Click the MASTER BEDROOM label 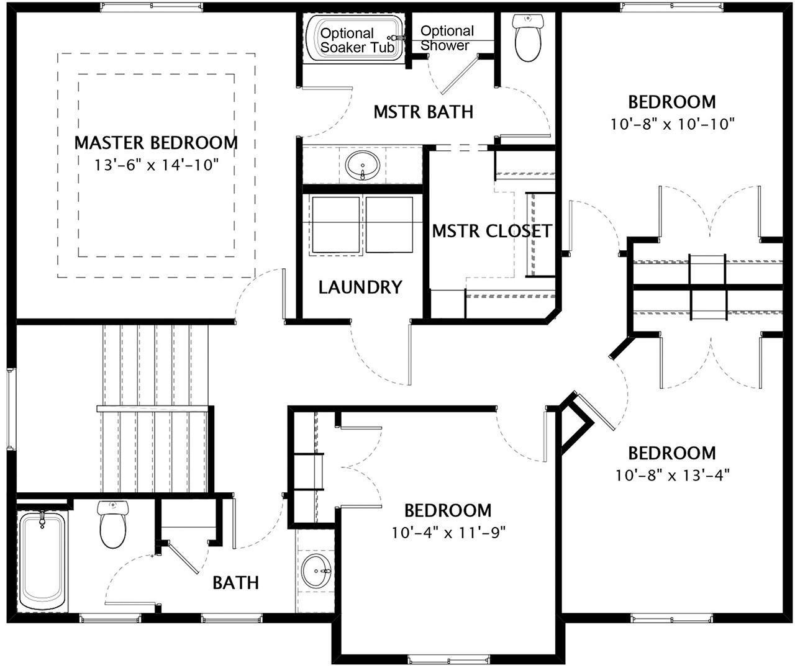[x=156, y=143]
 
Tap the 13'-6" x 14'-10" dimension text [x=157, y=165]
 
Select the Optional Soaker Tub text [x=357, y=40]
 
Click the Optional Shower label [x=447, y=38]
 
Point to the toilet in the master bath [x=527, y=38]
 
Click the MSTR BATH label [x=424, y=112]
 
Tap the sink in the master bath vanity [x=363, y=165]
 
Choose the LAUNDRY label [x=360, y=287]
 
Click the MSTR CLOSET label [x=492, y=231]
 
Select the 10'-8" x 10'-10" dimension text [x=673, y=124]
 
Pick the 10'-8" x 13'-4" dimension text [x=673, y=476]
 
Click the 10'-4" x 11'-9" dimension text [x=448, y=533]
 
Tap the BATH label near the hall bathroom [x=235, y=583]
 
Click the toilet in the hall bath [x=112, y=525]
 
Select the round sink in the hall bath [x=316, y=571]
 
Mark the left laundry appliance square [x=336, y=225]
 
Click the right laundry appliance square [x=389, y=225]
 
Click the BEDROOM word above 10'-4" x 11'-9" [x=448, y=511]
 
